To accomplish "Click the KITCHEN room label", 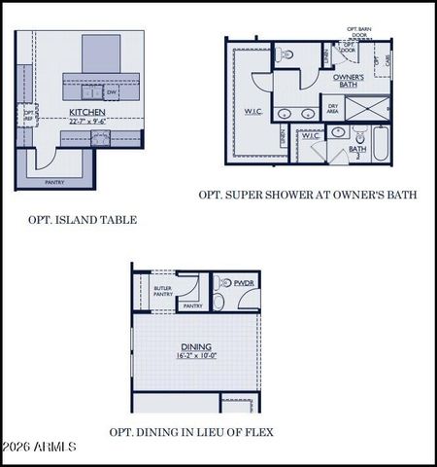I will click(x=87, y=113).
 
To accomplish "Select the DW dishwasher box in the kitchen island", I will click(x=113, y=92).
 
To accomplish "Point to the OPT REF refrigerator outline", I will click(x=28, y=116).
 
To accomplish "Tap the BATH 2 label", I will click(x=357, y=152).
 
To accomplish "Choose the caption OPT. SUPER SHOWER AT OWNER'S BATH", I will click(x=308, y=195).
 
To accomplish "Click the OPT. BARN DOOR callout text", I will click(x=361, y=34).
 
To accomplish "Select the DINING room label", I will click(x=196, y=346).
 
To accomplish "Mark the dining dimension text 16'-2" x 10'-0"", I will click(x=196, y=357).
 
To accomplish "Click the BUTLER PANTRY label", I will click(x=163, y=291).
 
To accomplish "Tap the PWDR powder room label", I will click(x=242, y=283).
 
